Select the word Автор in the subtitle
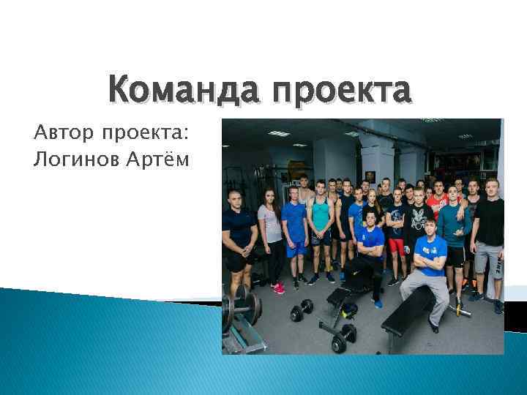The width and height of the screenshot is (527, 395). pos(64,134)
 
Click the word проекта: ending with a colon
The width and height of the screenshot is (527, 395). pos(145,135)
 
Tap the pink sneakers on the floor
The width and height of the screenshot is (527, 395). pos(278,287)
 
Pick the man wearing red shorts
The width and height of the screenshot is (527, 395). pos(397,227)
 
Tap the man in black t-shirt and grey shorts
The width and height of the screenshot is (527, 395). pos(488,234)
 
